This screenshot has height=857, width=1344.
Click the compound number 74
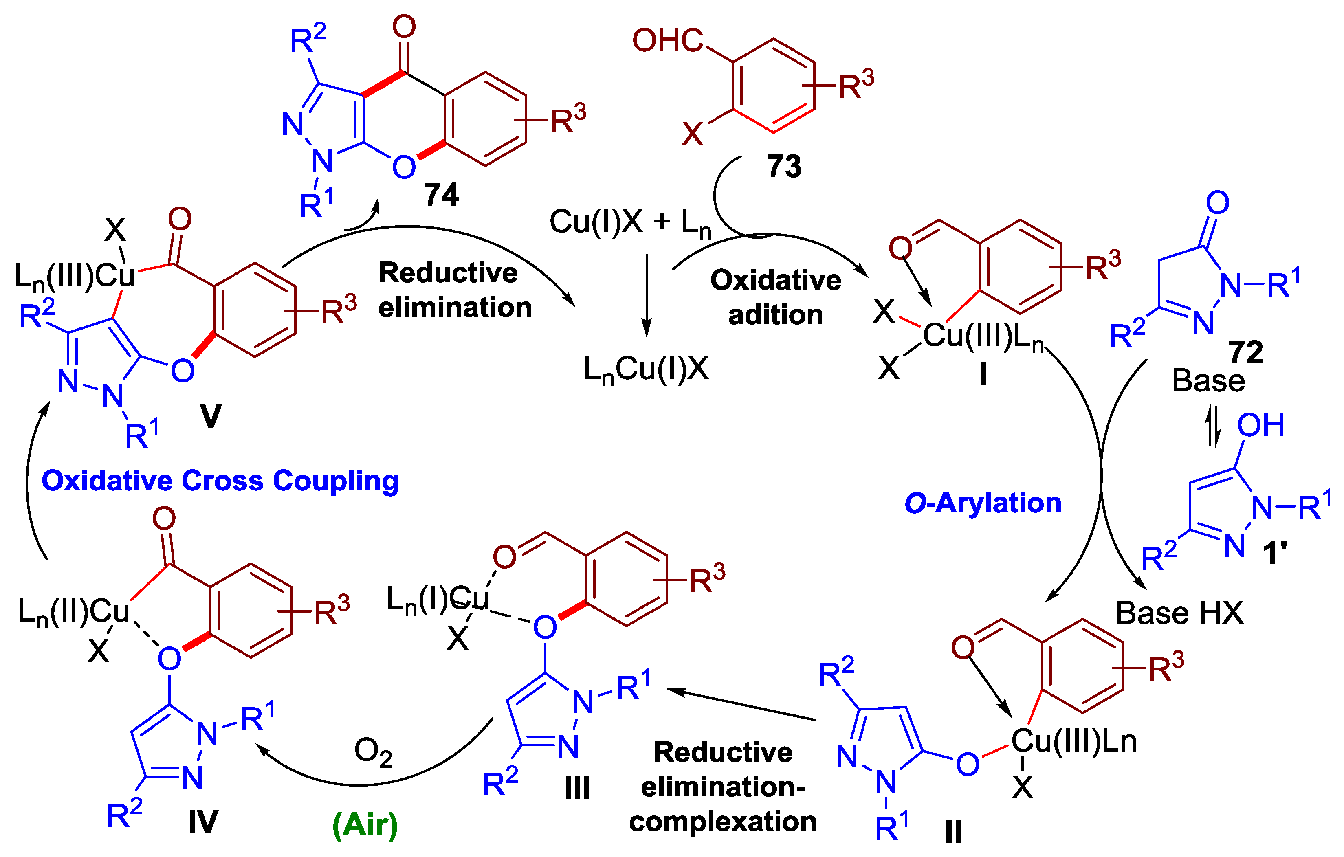[x=441, y=195]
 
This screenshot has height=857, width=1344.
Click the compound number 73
[x=784, y=166]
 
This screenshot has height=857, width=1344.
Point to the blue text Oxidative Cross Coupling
[x=220, y=481]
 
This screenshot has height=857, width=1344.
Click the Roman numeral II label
[x=953, y=832]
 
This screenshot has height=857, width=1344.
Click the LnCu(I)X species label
[x=646, y=369]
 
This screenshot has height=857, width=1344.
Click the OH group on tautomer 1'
[x=1260, y=425]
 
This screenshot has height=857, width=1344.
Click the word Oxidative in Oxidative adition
[x=775, y=280]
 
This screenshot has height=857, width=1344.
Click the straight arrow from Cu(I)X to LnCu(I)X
[x=646, y=296]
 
